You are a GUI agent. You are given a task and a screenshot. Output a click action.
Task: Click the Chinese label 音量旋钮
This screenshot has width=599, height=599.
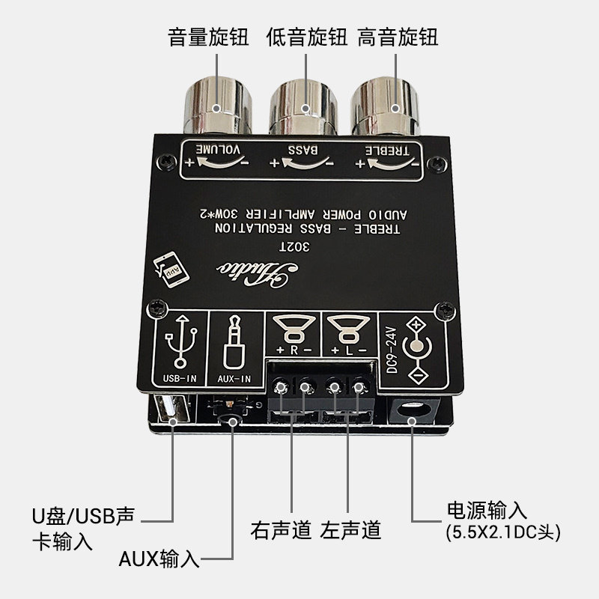210,37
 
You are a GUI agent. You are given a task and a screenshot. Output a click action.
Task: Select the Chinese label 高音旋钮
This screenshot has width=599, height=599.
398,37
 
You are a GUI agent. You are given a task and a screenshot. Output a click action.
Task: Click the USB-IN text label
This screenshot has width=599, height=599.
180,379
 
